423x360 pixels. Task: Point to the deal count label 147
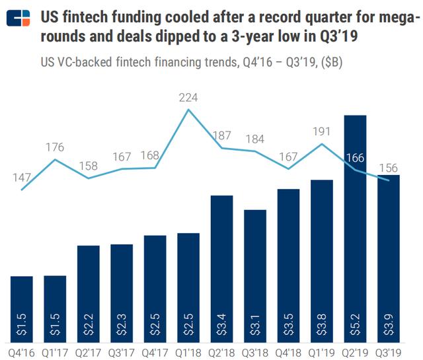(22, 178)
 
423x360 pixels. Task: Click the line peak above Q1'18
(189, 110)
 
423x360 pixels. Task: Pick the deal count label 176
(56, 147)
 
